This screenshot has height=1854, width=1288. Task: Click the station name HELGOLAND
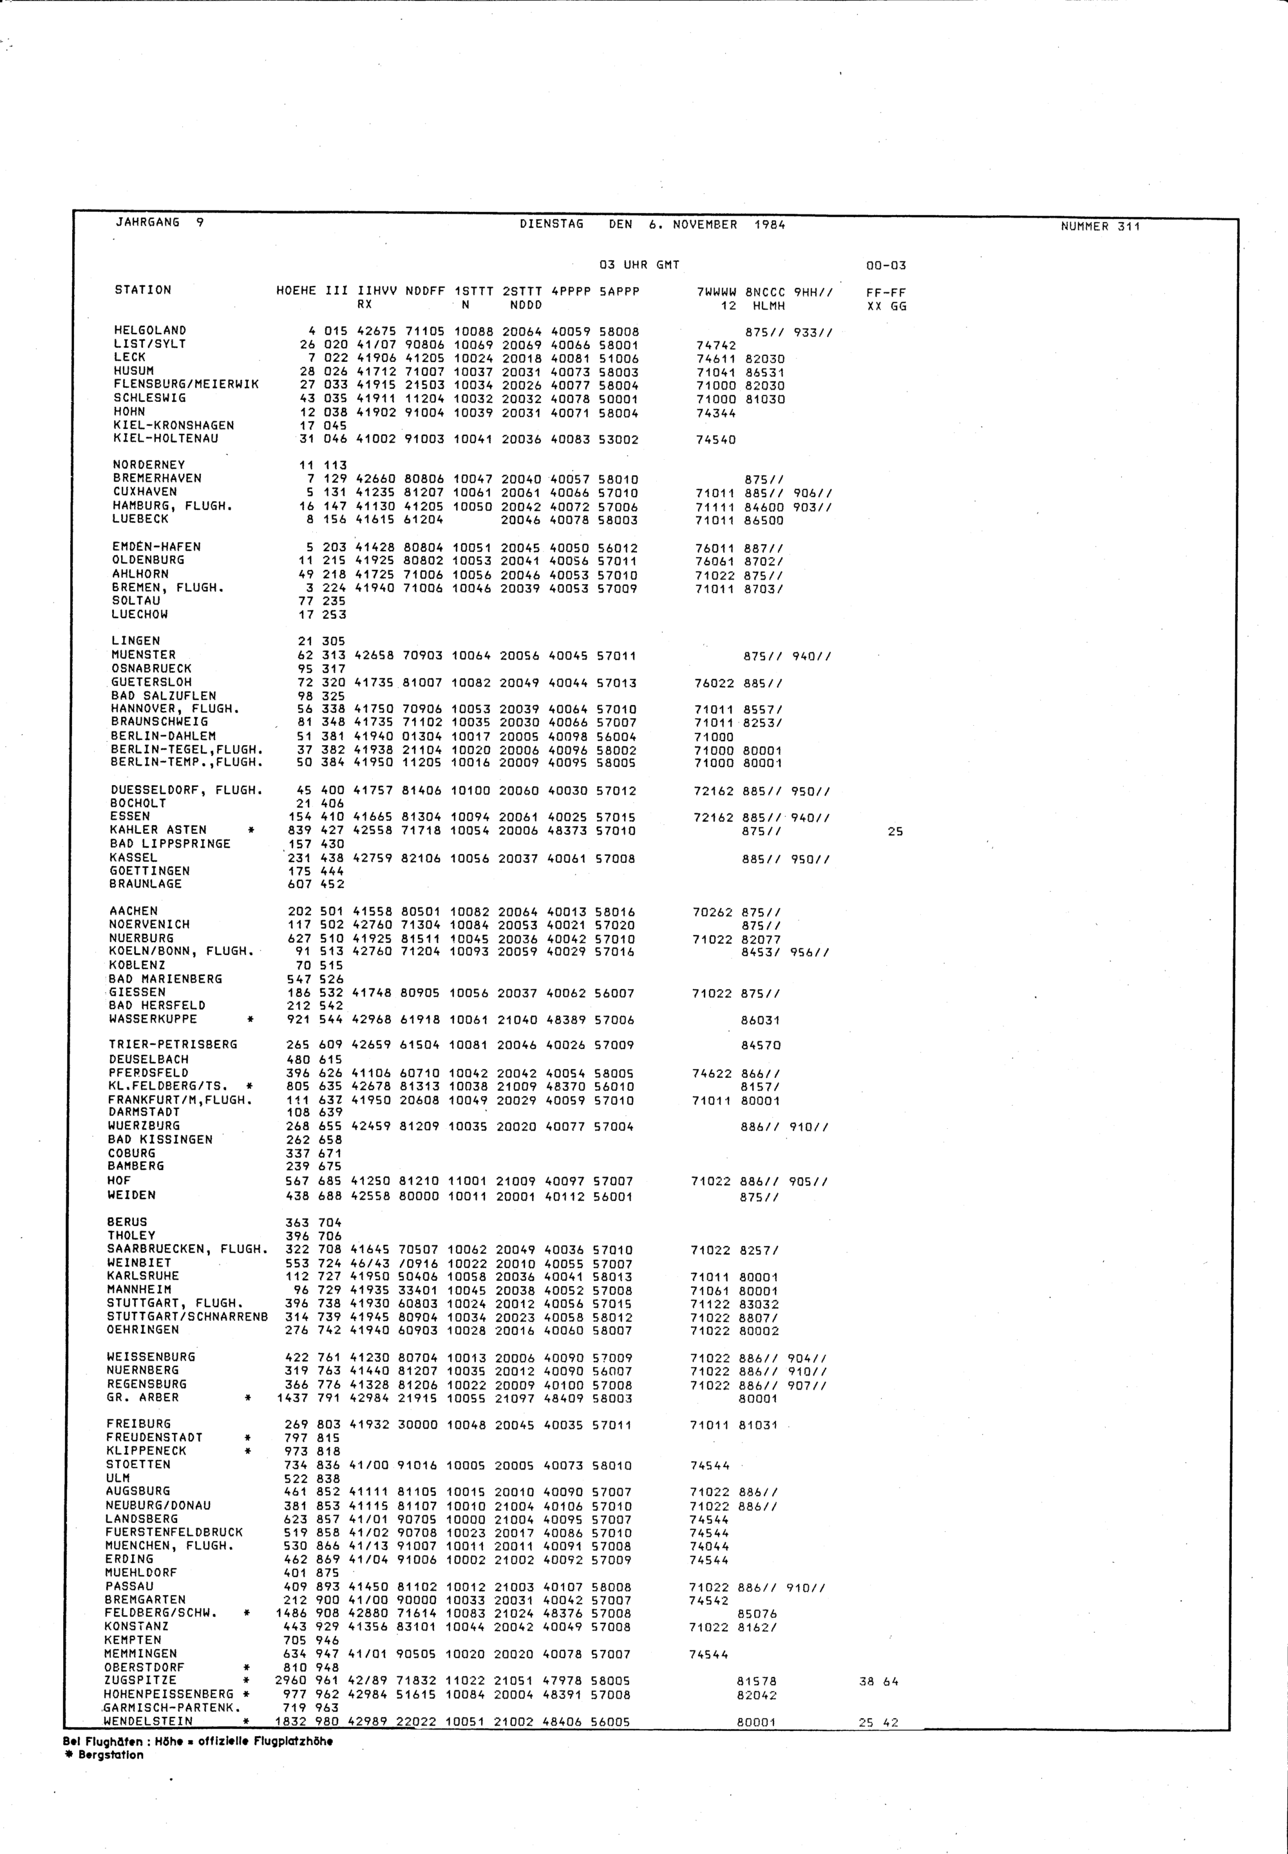tap(150, 330)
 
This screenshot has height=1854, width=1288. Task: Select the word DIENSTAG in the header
tap(551, 224)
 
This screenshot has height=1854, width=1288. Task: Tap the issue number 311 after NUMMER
tap(1129, 227)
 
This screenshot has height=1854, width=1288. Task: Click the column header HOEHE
tap(296, 290)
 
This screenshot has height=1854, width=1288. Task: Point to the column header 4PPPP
tap(571, 291)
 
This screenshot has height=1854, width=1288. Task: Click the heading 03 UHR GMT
tap(639, 265)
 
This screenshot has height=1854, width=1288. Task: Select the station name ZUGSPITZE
tap(140, 1681)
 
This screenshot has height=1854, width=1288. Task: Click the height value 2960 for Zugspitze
tap(290, 1681)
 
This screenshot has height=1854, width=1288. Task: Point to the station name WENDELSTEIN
tap(149, 1722)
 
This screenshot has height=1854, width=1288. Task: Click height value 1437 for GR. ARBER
tap(292, 1398)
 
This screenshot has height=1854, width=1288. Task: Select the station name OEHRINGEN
tap(143, 1330)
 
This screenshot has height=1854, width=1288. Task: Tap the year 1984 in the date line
tap(769, 225)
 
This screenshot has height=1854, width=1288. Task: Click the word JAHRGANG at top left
tap(147, 222)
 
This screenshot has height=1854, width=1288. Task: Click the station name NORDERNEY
tap(149, 465)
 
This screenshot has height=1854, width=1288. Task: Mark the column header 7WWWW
tap(716, 292)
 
